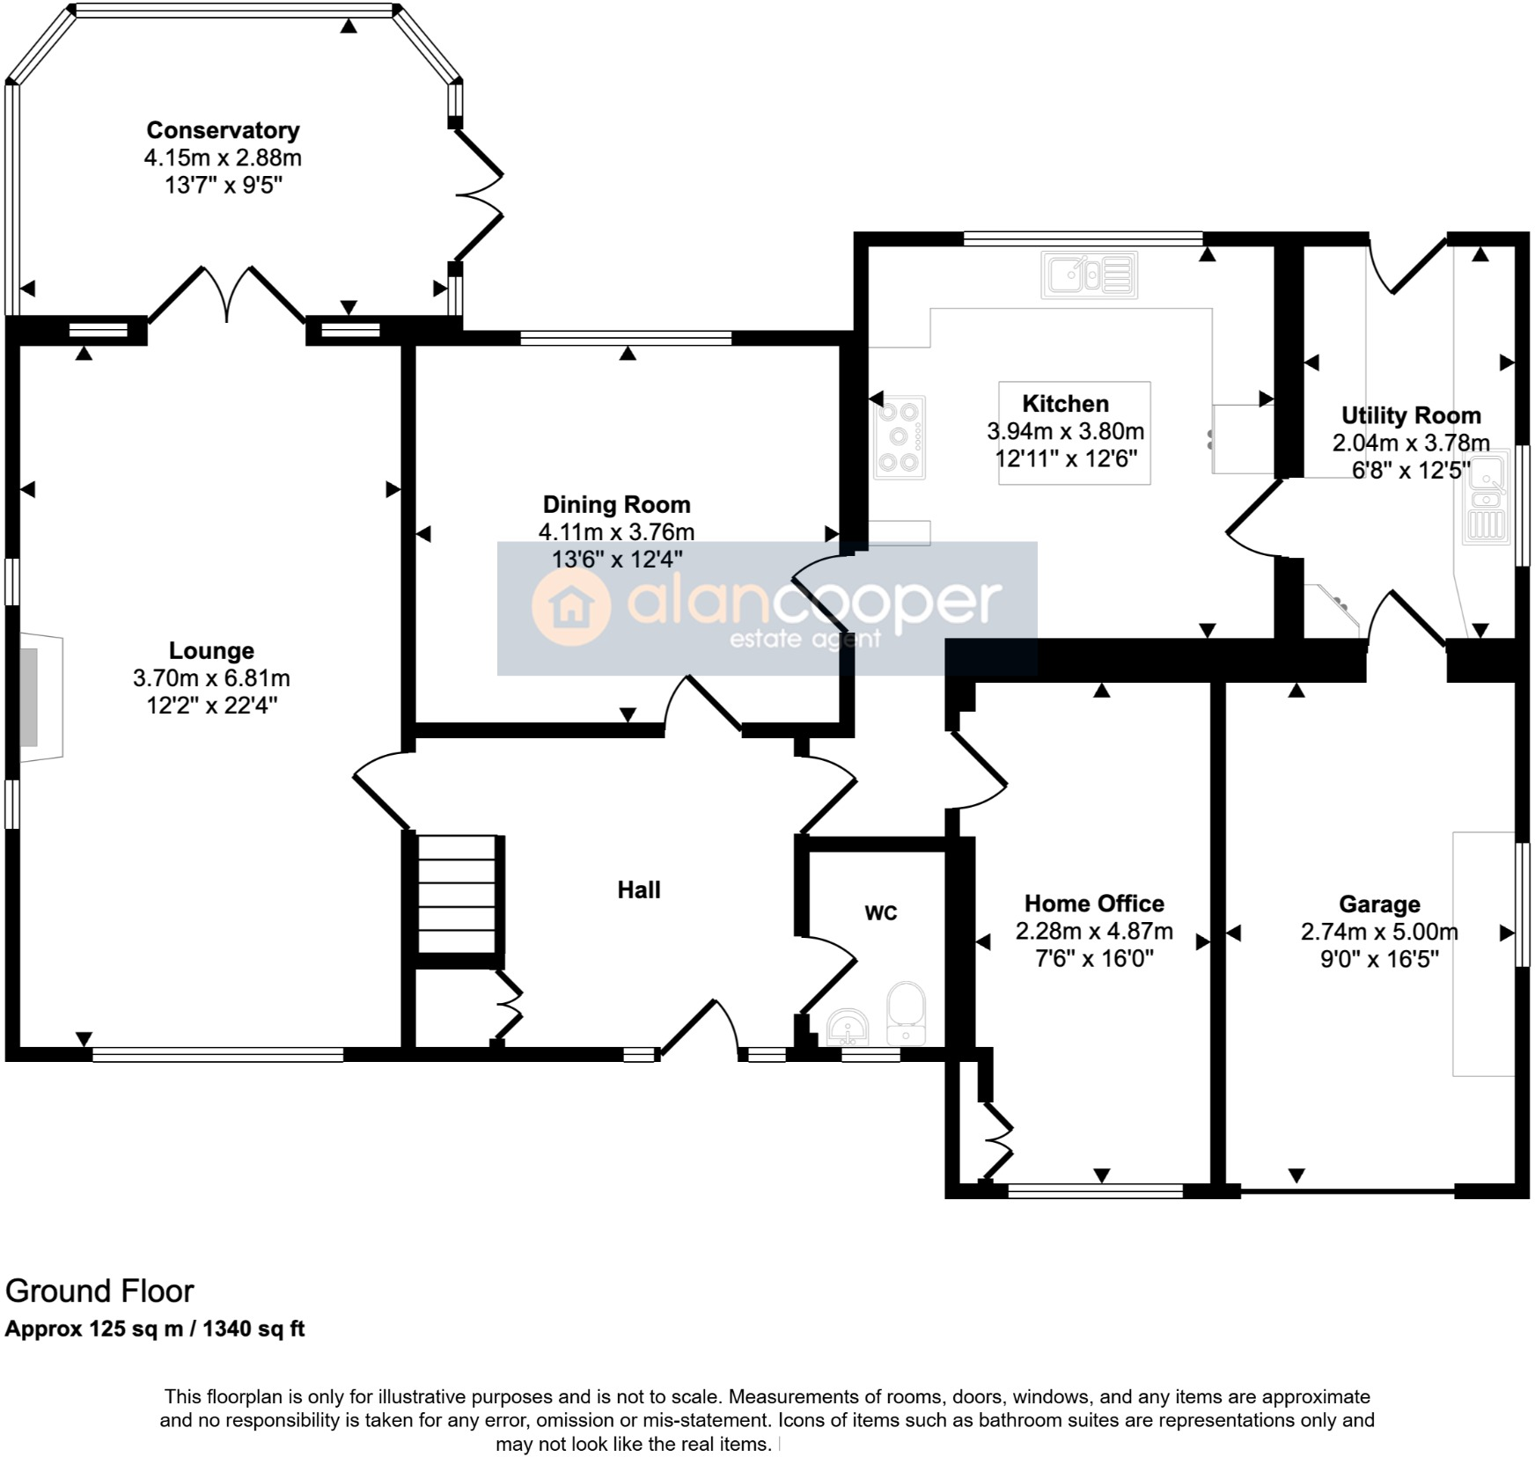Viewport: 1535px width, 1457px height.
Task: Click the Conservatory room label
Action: pyautogui.click(x=223, y=130)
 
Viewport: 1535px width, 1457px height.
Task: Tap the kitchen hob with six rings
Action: pyautogui.click(x=899, y=437)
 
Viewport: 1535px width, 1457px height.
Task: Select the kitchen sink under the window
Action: pyautogui.click(x=1089, y=275)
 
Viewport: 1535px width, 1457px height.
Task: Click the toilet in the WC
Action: pyautogui.click(x=906, y=1012)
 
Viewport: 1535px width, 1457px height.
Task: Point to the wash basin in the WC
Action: pyautogui.click(x=848, y=1028)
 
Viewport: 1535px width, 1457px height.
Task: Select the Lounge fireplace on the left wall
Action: pyautogui.click(x=40, y=697)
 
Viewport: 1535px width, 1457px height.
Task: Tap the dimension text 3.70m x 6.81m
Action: pyautogui.click(x=211, y=678)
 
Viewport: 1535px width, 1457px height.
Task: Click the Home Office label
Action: pyautogui.click(x=1094, y=904)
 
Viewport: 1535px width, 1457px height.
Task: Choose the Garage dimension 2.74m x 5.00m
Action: pyautogui.click(x=1379, y=932)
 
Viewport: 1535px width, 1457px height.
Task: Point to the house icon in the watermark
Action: pyautogui.click(x=570, y=605)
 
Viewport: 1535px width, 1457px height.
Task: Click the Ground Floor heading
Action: pyautogui.click(x=99, y=1291)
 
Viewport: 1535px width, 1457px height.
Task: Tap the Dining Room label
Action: pyautogui.click(x=616, y=504)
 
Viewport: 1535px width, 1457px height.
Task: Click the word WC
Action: pyautogui.click(x=880, y=913)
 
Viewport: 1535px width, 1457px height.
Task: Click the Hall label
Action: pyautogui.click(x=638, y=890)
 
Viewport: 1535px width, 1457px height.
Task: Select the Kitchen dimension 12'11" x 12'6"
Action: pyautogui.click(x=1065, y=458)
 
